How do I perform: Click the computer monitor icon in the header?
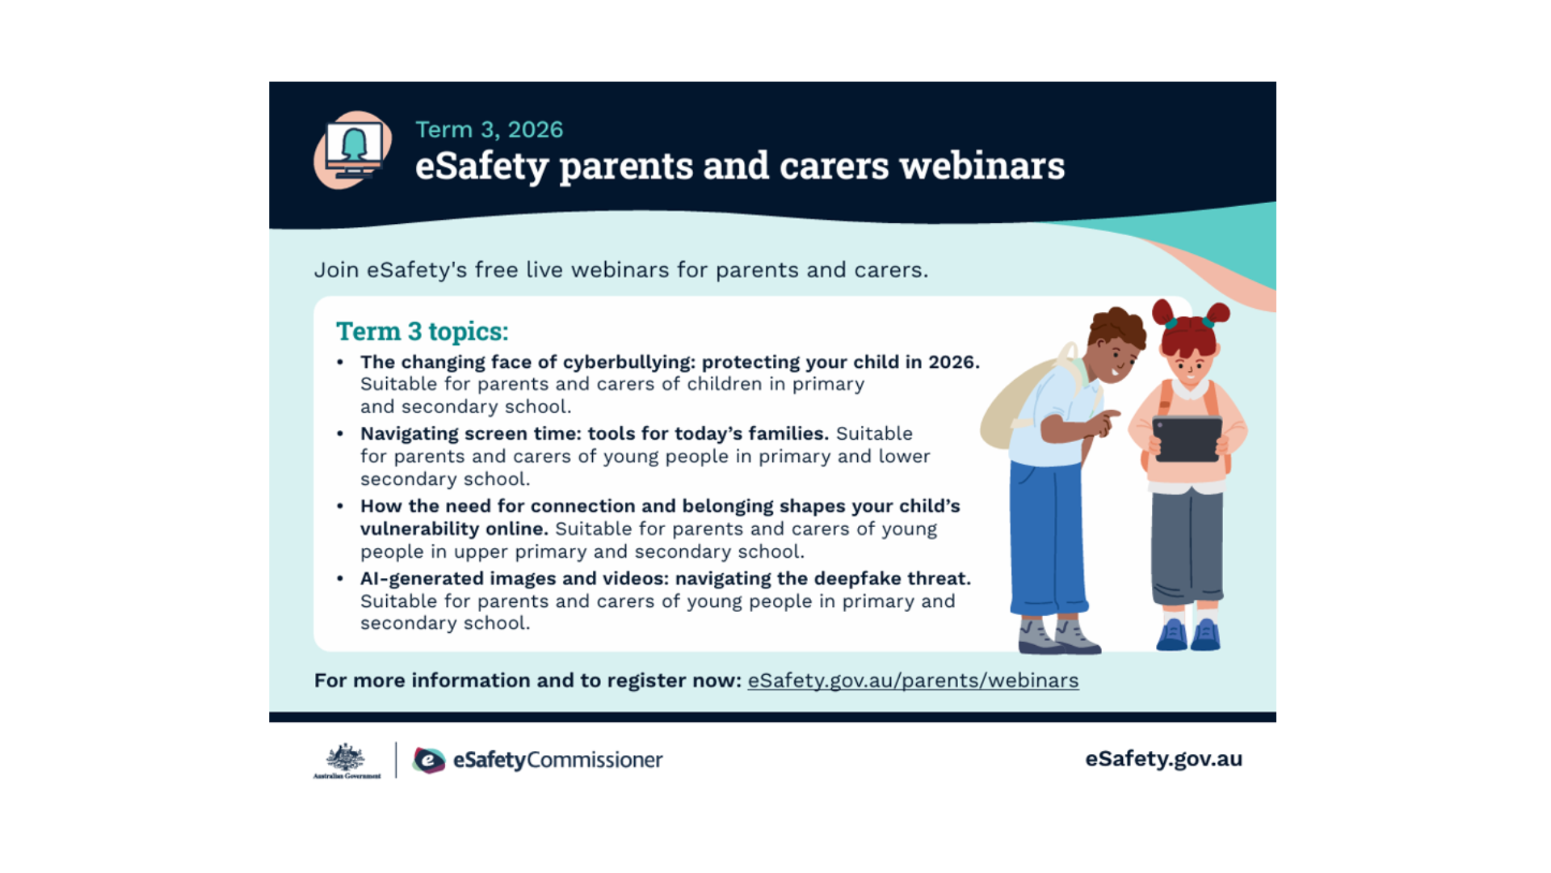[353, 150]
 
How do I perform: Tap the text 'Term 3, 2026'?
[489, 129]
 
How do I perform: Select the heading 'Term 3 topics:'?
[422, 331]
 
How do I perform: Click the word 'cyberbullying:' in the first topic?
[628, 362]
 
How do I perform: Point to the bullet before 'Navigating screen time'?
[340, 434]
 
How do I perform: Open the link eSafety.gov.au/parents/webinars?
[913, 681]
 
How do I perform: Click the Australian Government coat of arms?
[347, 761]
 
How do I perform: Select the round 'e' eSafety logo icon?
[429, 760]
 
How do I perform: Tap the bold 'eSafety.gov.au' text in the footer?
[1163, 759]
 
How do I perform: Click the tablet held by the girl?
[1187, 439]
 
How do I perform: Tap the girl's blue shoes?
[1188, 635]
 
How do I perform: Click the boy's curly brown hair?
[1116, 327]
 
